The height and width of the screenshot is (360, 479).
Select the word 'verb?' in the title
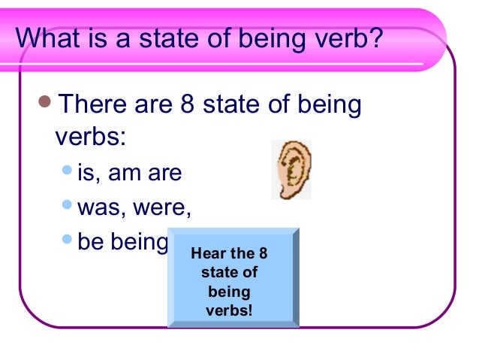click(x=342, y=38)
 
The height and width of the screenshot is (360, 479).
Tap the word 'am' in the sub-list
click(x=126, y=174)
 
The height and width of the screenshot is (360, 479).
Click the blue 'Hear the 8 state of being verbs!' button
click(x=233, y=278)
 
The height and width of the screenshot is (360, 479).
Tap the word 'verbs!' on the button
click(x=233, y=310)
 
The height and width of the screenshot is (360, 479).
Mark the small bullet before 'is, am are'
click(x=68, y=173)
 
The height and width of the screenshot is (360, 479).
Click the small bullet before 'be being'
click(x=68, y=241)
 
